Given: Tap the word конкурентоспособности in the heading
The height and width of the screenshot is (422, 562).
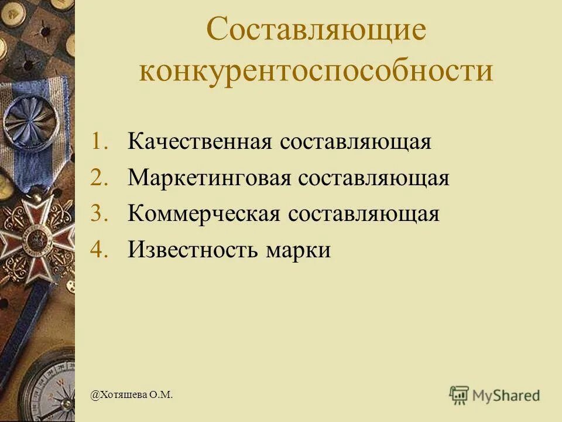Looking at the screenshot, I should [316, 70].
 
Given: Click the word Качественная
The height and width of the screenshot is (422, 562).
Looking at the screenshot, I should [198, 142].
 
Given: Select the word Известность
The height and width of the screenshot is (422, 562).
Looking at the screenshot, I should [193, 250].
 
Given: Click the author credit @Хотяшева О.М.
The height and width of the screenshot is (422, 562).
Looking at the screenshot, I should [132, 396].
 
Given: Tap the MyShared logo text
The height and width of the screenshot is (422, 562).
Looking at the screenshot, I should [507, 396].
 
